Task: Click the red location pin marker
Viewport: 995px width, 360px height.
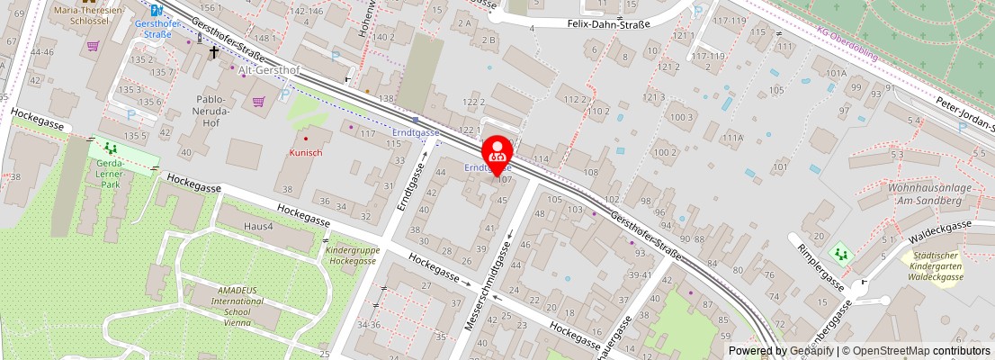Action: [497, 154]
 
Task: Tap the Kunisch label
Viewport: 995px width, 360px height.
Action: [306, 153]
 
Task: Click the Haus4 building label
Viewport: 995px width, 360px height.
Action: [257, 226]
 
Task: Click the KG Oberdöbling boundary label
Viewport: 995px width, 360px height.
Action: [846, 39]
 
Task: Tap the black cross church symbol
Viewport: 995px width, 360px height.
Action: [213, 52]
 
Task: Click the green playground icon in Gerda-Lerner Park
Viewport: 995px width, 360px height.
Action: [111, 148]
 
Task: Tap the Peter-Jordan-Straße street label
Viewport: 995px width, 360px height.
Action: [963, 114]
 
